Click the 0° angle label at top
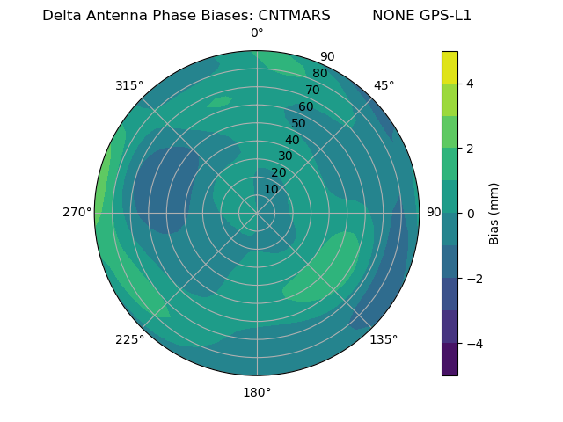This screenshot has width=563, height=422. [x=257, y=33]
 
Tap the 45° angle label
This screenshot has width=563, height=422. [x=384, y=85]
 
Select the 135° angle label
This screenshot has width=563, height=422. [x=384, y=339]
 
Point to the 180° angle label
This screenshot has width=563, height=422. [x=257, y=392]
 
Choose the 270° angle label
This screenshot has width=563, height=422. [x=77, y=212]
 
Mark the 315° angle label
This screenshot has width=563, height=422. [x=129, y=85]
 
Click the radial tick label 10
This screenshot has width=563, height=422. [x=271, y=189]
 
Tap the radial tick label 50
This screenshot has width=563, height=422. [x=299, y=123]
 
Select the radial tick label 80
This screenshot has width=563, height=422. [x=319, y=73]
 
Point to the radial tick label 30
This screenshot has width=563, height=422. [x=285, y=156]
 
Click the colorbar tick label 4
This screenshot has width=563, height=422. [x=470, y=84]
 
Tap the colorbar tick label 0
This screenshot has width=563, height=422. [x=470, y=214]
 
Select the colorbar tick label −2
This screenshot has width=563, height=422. [x=470, y=279]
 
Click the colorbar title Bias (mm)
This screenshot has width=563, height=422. [x=494, y=213]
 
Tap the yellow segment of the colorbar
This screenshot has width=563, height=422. [x=450, y=67]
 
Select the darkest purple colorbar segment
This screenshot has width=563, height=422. [x=450, y=360]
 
